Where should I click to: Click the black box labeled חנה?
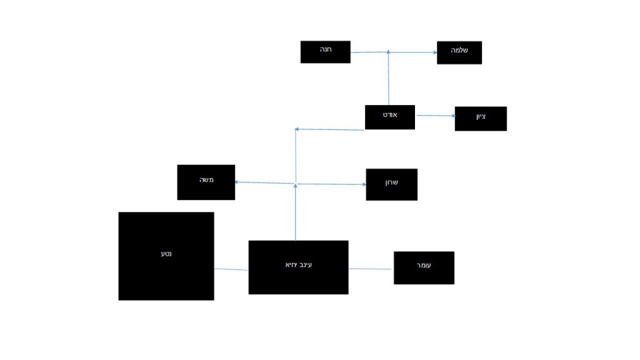[x=325, y=52]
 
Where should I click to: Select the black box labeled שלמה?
[x=459, y=52]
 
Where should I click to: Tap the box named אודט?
[x=390, y=117]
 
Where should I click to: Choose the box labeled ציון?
[x=481, y=118]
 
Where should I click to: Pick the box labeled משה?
[x=206, y=182]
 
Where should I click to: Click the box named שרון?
[x=391, y=184]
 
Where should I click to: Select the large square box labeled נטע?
[x=166, y=256]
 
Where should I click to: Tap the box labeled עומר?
[x=424, y=267]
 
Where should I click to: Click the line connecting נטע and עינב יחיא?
[x=231, y=269]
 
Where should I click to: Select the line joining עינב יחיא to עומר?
[x=371, y=269]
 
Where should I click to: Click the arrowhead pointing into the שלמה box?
[x=434, y=53]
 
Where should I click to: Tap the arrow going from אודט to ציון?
[x=435, y=116]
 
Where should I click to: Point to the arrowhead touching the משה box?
[x=238, y=182]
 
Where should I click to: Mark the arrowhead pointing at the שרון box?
[x=363, y=184]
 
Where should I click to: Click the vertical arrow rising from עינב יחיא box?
[x=295, y=212]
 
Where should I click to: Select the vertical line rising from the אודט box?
[x=389, y=78]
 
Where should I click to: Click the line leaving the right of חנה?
[x=369, y=52]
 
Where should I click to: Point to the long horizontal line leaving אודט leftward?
[x=329, y=129]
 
